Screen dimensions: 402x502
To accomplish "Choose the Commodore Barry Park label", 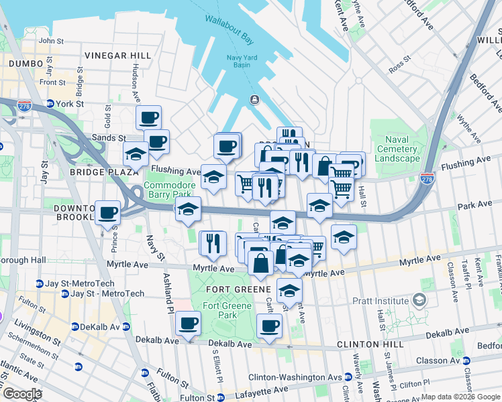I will (x=170, y=190).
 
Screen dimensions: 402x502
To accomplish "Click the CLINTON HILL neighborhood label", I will (x=370, y=344).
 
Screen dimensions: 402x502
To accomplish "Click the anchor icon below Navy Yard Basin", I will (x=254, y=100).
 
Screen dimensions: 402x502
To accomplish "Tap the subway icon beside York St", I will (x=50, y=105).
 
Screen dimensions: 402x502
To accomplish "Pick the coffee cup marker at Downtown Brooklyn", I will (x=108, y=214).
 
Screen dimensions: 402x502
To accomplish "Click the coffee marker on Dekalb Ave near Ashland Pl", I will (x=188, y=324).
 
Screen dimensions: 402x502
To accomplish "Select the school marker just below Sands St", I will (x=136, y=155).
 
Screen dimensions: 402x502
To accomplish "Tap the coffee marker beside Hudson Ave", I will (x=148, y=118).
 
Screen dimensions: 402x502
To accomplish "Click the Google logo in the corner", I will (x=22, y=394).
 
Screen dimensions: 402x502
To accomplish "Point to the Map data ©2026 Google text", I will (x=460, y=397).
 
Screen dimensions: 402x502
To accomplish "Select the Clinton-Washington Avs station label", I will (x=294, y=377).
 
